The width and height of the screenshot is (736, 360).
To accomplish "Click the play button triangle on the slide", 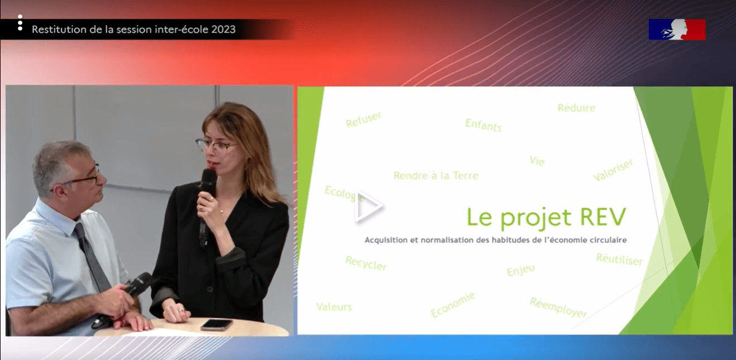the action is click(x=368, y=207).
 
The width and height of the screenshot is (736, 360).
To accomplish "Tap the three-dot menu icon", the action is click(x=20, y=23).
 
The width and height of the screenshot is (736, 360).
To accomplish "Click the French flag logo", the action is click(x=677, y=30).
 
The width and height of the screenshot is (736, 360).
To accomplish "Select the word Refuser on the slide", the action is click(x=364, y=119).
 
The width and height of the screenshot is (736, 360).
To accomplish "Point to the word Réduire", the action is click(x=576, y=108).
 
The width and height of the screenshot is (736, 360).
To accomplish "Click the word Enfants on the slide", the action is click(x=484, y=125).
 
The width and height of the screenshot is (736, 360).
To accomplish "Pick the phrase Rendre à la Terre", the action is click(x=436, y=175).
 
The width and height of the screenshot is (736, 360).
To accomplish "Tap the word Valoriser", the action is click(x=613, y=170).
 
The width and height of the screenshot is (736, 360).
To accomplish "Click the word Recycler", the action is click(x=366, y=263).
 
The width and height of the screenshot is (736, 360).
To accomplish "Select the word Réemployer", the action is click(x=558, y=308).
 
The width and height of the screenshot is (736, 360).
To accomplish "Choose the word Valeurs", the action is click(x=334, y=307).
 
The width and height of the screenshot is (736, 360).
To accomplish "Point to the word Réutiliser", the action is click(x=619, y=259).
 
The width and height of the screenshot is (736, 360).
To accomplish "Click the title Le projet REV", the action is click(x=546, y=218).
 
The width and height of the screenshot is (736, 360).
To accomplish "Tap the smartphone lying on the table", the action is click(x=217, y=324).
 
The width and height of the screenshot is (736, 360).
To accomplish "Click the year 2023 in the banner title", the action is click(x=223, y=29).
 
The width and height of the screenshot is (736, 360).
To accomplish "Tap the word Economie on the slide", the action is click(x=453, y=305).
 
